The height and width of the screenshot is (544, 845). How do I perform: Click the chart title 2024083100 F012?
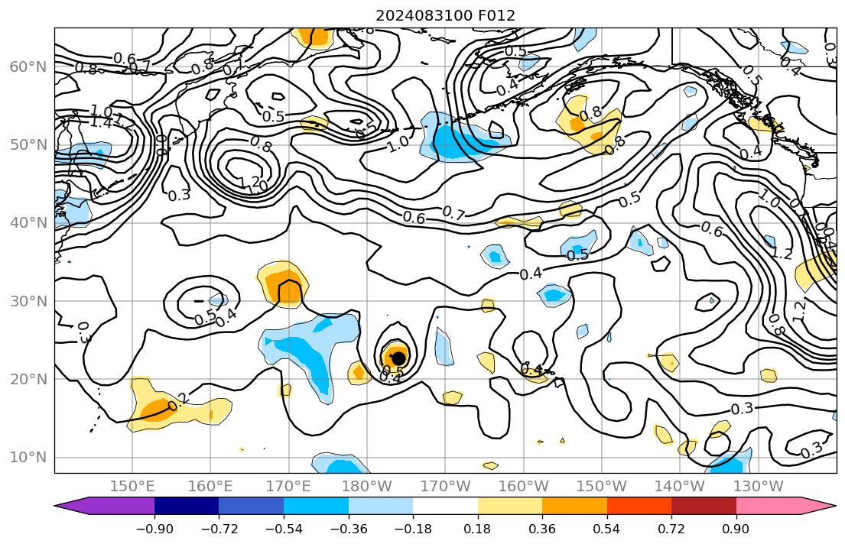pos(445,15)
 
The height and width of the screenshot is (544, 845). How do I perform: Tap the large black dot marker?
pos(398,358)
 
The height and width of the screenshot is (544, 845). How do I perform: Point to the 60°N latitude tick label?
pos(28,67)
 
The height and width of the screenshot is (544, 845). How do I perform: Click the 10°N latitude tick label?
pos(28,457)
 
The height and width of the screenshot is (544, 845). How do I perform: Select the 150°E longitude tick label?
pos(132,486)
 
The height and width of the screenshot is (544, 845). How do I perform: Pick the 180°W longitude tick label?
pos(367,486)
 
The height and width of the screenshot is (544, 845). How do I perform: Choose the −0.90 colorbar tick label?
pos(154,528)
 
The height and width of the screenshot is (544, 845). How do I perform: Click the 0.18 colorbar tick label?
pos(478,528)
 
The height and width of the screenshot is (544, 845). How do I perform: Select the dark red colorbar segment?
pos(704,506)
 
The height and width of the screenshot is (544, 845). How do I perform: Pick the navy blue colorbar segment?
pos(187,506)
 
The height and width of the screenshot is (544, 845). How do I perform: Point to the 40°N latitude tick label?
pos(28,223)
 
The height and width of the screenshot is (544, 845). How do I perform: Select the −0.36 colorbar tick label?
pos(348,528)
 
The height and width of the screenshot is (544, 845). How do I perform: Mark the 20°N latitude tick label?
pos(28,379)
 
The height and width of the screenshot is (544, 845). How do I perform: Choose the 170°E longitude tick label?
pos(289,486)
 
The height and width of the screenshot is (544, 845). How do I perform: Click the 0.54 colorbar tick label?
pos(606,528)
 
